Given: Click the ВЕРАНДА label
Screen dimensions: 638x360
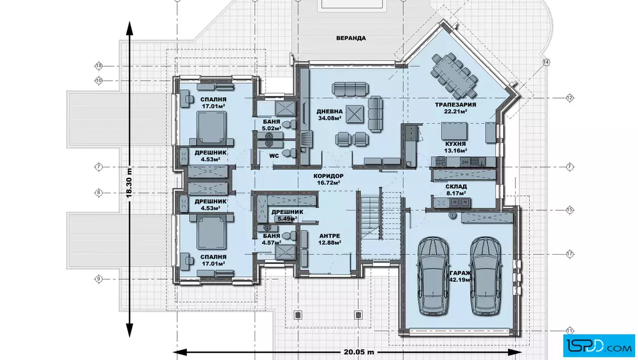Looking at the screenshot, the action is [x=351, y=38].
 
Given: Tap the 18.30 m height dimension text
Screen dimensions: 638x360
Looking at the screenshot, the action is [x=129, y=183].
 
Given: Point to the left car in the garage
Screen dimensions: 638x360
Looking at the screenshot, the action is [x=433, y=277].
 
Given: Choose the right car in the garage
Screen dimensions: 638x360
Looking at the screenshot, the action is [x=486, y=277].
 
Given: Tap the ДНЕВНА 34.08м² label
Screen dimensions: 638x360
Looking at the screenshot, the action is [x=330, y=114].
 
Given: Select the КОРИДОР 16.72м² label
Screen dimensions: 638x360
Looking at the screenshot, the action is [x=328, y=179].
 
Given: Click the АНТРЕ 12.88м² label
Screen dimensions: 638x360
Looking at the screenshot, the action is [x=330, y=239].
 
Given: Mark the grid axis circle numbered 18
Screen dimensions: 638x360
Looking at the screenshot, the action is [x=99, y=66].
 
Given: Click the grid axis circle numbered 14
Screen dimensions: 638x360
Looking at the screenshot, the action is [x=546, y=62].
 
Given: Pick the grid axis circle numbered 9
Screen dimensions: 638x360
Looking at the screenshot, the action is [x=99, y=279].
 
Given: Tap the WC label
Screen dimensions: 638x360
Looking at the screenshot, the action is [x=274, y=156].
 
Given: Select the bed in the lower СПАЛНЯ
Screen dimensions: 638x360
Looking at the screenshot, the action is [x=211, y=232].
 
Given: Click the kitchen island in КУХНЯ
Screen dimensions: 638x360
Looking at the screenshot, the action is [x=454, y=130].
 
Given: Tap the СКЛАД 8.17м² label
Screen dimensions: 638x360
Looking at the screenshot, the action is [x=456, y=190].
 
